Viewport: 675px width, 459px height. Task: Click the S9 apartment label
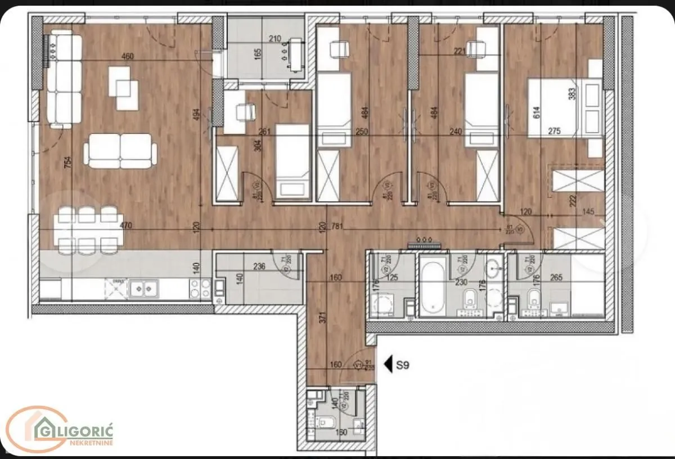click(402, 364)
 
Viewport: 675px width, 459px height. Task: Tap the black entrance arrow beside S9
click(388, 364)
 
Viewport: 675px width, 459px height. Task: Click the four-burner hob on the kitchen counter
click(199, 289)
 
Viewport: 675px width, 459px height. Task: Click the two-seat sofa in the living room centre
click(120, 151)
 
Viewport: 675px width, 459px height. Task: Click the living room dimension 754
click(68, 163)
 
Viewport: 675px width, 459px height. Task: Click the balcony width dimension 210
click(274, 39)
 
